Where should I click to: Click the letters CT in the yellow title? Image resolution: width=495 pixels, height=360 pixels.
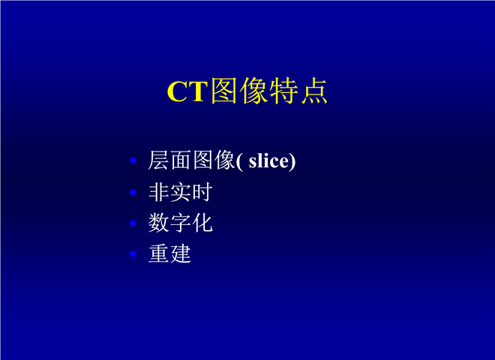(187, 91)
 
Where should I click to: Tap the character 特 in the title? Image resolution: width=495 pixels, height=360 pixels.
(283, 91)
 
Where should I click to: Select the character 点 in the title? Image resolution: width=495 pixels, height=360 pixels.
(313, 91)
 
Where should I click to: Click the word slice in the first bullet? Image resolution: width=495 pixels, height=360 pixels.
(268, 160)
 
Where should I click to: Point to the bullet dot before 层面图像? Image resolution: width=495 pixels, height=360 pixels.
(133, 160)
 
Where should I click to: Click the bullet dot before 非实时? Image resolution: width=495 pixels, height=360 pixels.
(133, 192)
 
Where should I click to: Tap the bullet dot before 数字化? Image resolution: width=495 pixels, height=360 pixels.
(133, 223)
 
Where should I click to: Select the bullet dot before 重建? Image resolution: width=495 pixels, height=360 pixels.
(133, 253)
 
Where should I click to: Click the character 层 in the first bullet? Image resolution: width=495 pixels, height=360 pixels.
(159, 160)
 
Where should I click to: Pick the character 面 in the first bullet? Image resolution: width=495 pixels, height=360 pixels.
(181, 160)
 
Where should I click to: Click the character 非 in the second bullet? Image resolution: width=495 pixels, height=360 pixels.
(159, 192)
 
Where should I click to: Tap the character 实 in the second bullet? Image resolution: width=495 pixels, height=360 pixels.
(180, 192)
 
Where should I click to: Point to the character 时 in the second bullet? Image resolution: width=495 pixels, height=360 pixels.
(202, 192)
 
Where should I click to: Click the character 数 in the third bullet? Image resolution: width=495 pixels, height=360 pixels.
(159, 223)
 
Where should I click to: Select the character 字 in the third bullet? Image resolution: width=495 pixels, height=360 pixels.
(181, 223)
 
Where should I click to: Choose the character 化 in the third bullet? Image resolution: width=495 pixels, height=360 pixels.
(202, 223)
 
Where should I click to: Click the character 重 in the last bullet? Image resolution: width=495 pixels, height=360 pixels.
(159, 253)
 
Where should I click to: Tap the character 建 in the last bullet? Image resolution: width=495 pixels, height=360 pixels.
(181, 253)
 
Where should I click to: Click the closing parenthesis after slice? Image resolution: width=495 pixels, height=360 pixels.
(292, 162)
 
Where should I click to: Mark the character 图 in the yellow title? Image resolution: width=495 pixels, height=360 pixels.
(224, 91)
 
